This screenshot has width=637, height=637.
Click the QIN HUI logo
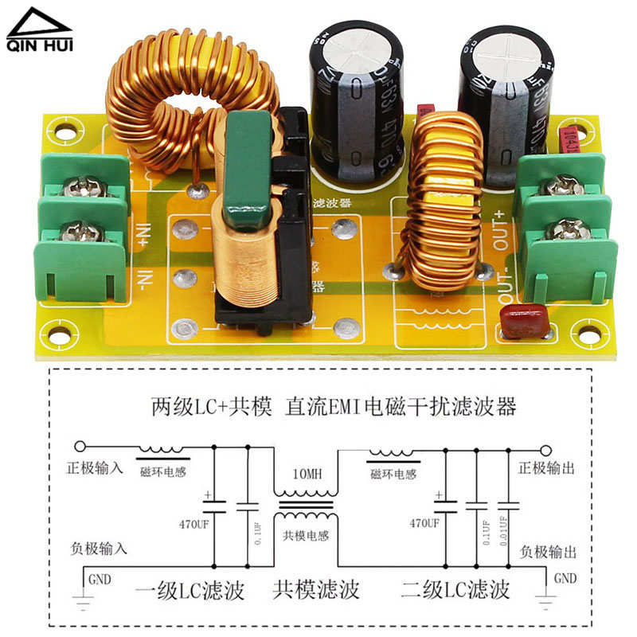pyautogui.click(x=39, y=31)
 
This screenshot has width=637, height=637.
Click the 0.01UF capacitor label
pyautogui.click(x=502, y=533)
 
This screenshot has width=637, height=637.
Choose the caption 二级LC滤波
pyautogui.click(x=455, y=591)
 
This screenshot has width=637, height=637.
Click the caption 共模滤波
pyautogui.click(x=316, y=591)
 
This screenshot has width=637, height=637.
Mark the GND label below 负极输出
pyautogui.click(x=565, y=579)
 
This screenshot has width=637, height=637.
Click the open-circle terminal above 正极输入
pyautogui.click(x=80, y=448)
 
